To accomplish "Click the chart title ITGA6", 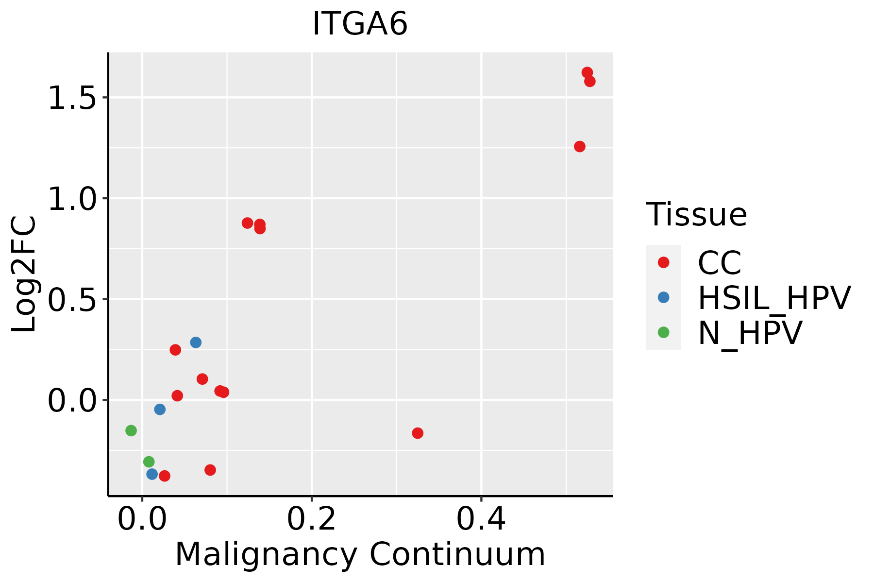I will pos(360,24).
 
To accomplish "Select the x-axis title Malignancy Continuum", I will pos(360,554).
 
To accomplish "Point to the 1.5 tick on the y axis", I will pos(73,98).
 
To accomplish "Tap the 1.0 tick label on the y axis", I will pos(73,199).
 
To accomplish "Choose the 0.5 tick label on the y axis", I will pos(73,299).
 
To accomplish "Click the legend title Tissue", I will pos(696,215).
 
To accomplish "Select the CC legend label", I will pos(720,263).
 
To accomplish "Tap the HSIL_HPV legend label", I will pos(774,298).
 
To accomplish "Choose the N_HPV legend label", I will pos(750,333).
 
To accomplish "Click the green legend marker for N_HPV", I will pos(663,332).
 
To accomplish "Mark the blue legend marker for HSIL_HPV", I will pos(663,297).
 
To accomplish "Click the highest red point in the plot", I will pos(587,72).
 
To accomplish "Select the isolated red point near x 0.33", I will pos(418,433).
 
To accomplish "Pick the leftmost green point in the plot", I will pos(131,430).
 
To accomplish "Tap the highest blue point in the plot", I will pos(196,343).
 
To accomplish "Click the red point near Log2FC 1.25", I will pos(580,147).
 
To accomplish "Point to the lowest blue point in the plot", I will pos(152,474).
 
